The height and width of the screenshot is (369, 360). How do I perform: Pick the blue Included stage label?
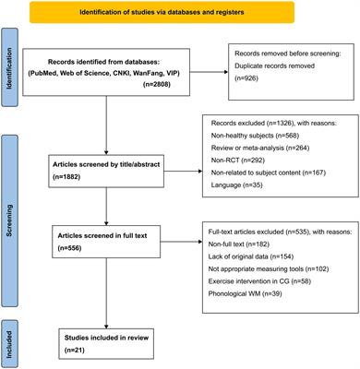coord(10,334)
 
